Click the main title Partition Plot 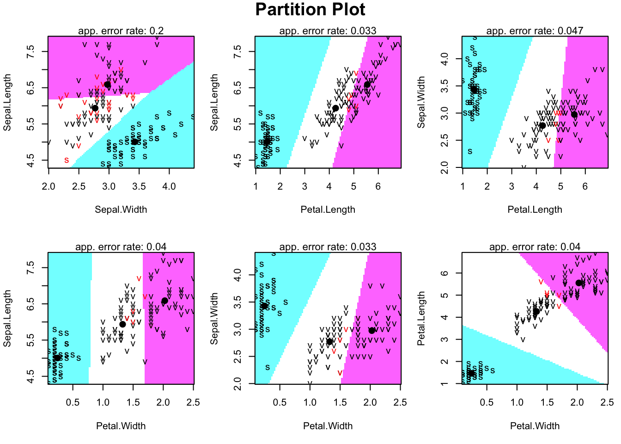coord(310,10)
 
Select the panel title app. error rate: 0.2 coord(121,31)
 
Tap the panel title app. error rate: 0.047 coord(535,31)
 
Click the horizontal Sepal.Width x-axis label coord(121,210)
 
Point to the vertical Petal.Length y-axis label coord(421,318)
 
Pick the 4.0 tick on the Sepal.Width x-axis coord(169,186)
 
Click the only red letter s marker coord(67,160)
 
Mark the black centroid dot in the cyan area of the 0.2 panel coord(134,142)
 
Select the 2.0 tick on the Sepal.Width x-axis coord(49,186)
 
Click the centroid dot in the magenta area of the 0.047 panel coord(574,115)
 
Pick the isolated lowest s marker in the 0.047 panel coord(470,151)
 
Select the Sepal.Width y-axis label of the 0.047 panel coord(421,102)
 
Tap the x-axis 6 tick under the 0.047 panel coord(585,186)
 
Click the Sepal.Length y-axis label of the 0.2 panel coord(7,102)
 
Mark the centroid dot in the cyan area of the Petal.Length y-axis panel coord(471,373)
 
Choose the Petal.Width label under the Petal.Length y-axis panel coord(535,426)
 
